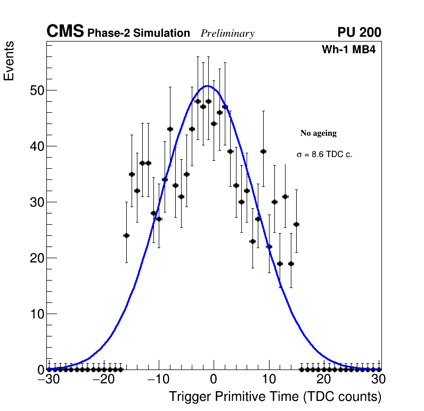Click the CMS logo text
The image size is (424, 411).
(65, 32)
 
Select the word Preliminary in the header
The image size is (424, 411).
(227, 34)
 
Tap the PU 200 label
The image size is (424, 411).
(359, 32)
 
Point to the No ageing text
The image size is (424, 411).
(319, 133)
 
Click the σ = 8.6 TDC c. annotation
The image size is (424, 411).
(324, 154)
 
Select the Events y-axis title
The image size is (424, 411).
(9, 61)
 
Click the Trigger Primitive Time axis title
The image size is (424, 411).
(275, 397)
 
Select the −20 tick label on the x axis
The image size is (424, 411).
(103, 380)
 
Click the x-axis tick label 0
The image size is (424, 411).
(214, 380)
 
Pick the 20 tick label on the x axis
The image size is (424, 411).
(323, 380)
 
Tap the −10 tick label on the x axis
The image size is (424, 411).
(158, 380)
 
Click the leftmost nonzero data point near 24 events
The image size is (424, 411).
(126, 235)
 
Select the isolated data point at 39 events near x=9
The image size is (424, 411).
(263, 151)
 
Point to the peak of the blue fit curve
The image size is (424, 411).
(208, 86)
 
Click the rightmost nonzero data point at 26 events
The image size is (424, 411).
(296, 224)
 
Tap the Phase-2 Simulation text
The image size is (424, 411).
(138, 34)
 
